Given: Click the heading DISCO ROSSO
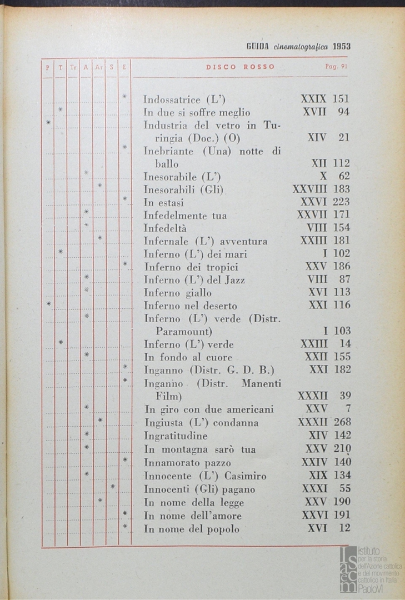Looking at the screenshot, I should point(240,67).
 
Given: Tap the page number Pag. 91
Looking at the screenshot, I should point(336,67).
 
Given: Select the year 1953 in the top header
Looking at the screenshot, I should point(340,47).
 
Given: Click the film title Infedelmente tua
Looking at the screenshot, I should point(185,215).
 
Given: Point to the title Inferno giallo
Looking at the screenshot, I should point(177,292).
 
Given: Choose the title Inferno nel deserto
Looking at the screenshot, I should point(190,306).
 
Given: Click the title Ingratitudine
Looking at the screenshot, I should point(176,436).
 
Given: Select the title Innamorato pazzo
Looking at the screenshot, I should point(187,462).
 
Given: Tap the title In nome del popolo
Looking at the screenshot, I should point(192,529).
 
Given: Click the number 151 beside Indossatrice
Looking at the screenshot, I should point(341,99).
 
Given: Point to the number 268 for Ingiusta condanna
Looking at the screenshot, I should point(342,422).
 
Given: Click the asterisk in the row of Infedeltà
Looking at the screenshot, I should point(87,226).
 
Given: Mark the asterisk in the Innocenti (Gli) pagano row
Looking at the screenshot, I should point(113,487).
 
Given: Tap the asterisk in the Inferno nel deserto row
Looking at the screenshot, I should point(49,303).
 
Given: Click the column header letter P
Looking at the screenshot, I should point(47,67).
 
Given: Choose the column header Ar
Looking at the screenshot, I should point(99,67).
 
